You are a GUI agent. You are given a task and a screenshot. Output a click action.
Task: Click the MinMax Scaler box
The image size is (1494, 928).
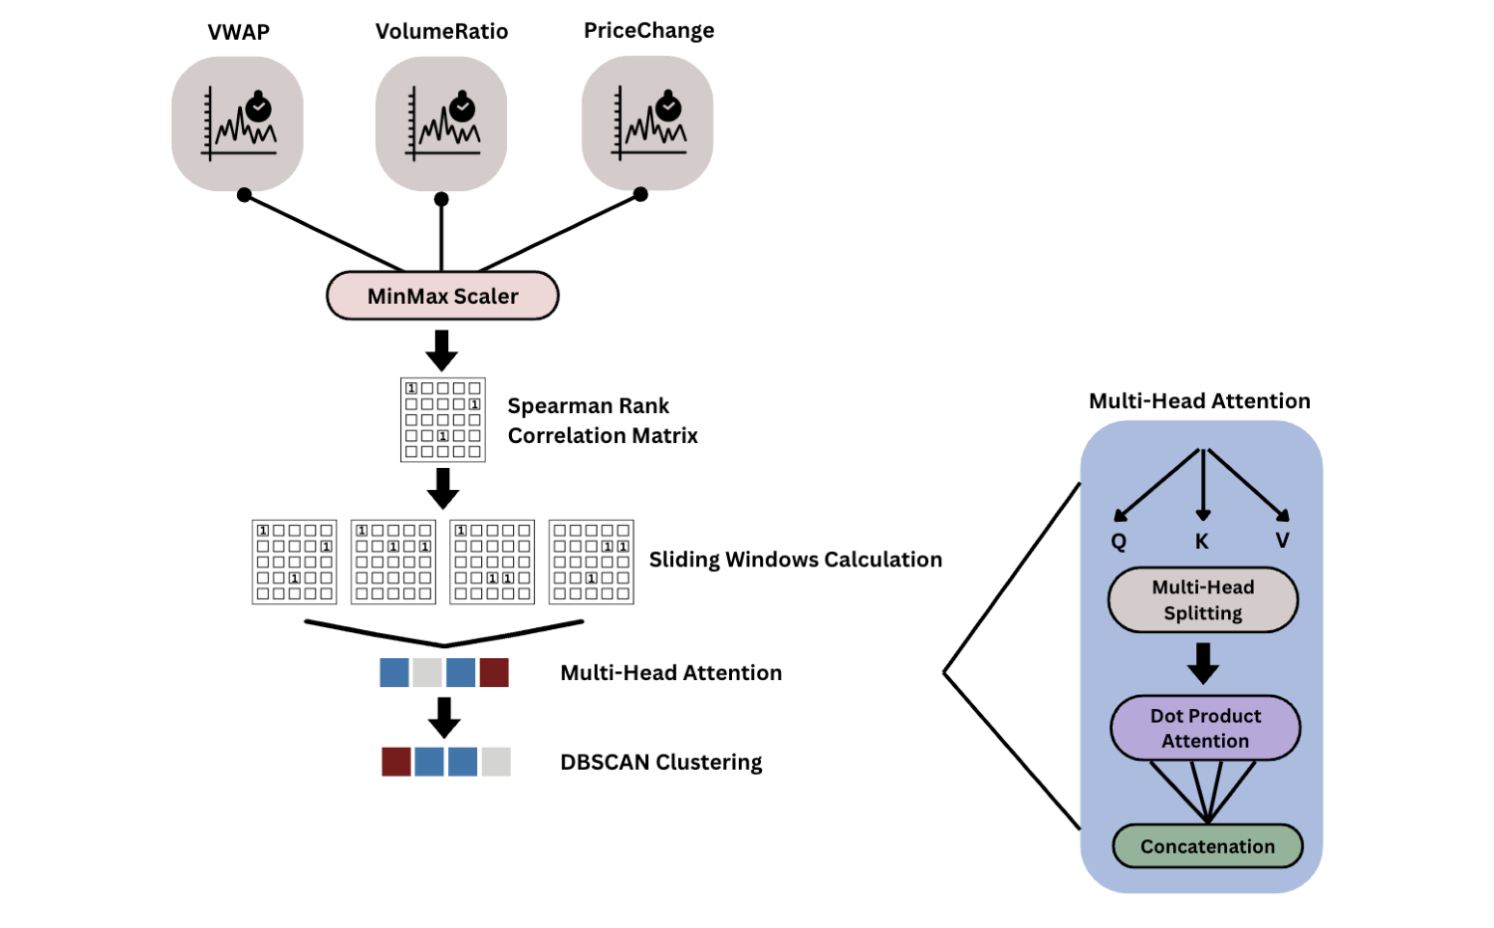(442, 296)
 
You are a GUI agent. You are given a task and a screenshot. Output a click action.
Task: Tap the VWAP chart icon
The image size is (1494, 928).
(237, 123)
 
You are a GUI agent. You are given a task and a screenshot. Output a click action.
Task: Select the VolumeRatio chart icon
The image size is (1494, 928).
(441, 123)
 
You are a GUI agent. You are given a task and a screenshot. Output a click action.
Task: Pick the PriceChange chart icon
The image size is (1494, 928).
(647, 122)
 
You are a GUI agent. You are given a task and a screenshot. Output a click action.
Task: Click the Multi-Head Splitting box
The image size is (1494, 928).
(1202, 600)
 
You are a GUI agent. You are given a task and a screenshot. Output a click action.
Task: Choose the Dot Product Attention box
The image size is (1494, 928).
(1205, 728)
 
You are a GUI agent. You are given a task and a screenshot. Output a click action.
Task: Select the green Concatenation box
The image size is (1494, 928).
(1207, 846)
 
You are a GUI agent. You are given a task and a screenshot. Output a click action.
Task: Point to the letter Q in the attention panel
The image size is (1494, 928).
(1119, 542)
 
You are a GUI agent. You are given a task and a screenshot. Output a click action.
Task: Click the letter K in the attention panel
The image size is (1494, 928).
(1202, 542)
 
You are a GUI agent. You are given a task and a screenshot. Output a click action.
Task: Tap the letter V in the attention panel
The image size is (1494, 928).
(1283, 541)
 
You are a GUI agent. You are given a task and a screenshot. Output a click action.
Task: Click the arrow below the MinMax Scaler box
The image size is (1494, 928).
(441, 350)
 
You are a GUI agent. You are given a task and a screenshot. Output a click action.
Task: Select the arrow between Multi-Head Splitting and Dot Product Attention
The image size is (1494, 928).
(1203, 663)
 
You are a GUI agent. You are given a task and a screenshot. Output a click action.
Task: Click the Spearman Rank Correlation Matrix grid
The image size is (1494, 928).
(442, 419)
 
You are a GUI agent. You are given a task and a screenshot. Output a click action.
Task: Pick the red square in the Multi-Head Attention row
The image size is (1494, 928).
(494, 672)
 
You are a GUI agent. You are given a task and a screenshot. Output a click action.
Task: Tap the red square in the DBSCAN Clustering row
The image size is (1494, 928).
(396, 762)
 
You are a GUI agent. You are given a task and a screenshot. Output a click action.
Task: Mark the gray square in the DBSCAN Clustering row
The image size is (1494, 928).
(496, 762)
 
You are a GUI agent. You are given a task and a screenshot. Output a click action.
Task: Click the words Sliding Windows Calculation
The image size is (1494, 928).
(795, 560)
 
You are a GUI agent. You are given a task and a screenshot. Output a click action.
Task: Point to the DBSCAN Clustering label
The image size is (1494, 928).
(661, 763)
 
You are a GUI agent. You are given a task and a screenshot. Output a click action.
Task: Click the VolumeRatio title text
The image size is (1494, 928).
(441, 32)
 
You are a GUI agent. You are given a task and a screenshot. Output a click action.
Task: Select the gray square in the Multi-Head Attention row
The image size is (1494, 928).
(427, 672)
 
